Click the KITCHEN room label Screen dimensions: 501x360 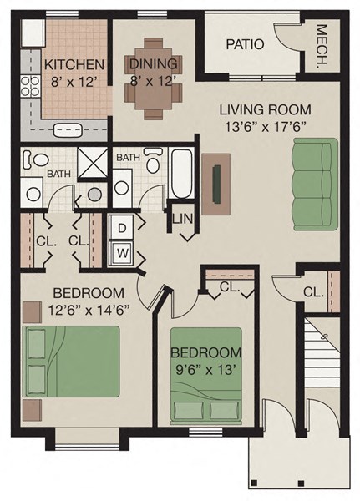[x=74, y=64]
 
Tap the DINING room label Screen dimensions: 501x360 [x=153, y=63]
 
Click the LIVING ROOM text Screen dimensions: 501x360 [x=265, y=109]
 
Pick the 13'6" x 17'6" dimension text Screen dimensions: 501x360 [x=265, y=126]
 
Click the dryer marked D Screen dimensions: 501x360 [x=122, y=228]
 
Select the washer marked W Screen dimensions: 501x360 [x=122, y=251]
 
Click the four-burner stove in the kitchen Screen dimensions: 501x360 [x=32, y=84]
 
